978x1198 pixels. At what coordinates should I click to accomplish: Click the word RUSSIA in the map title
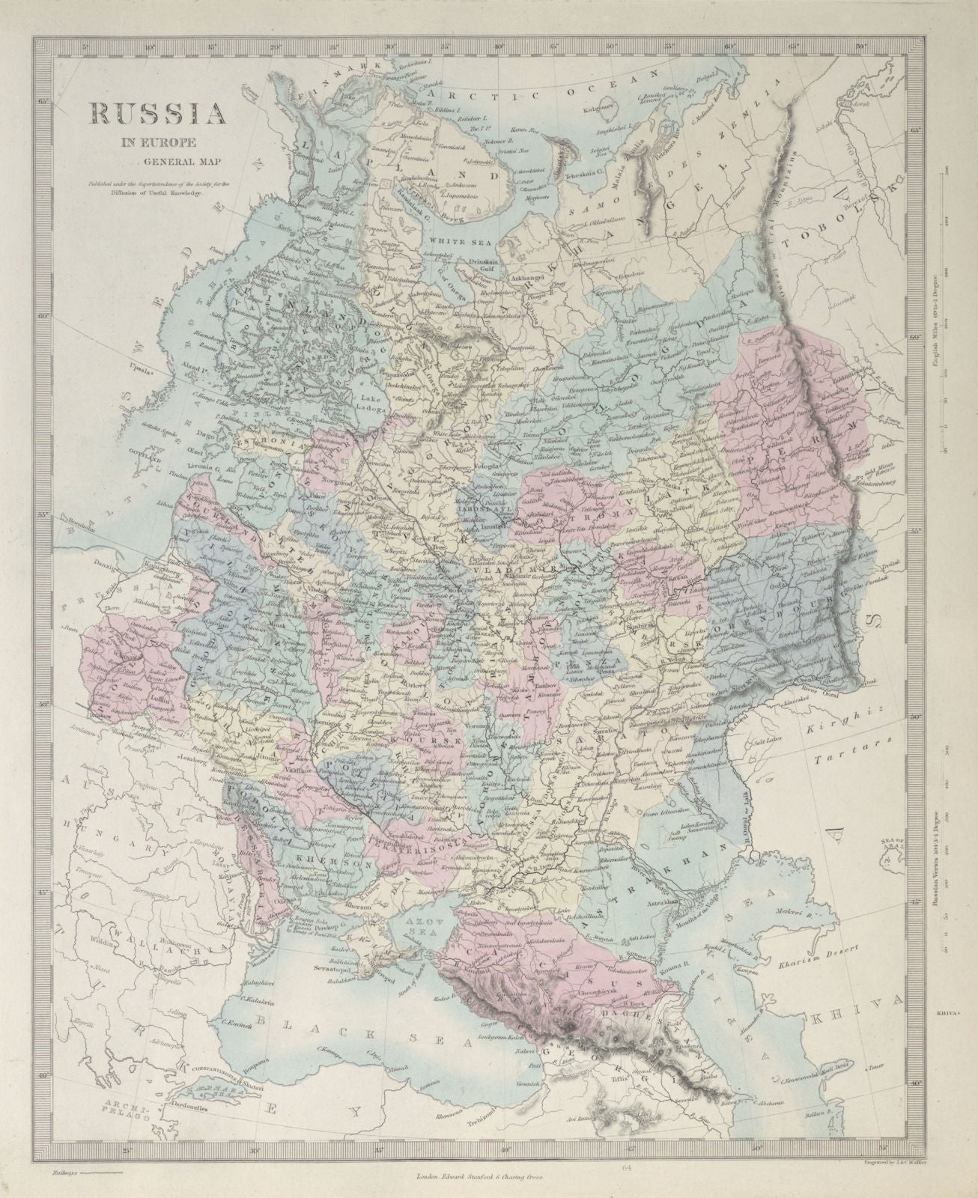pos(157,113)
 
